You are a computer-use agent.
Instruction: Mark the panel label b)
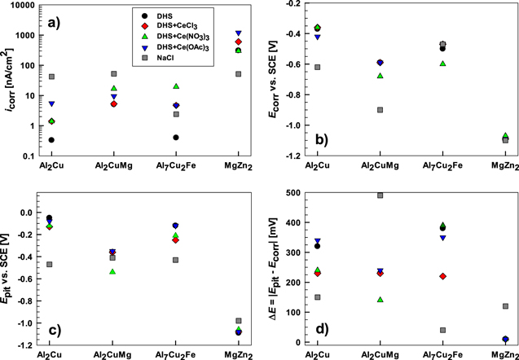tap(488, 142)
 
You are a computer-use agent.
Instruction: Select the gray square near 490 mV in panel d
tap(380, 195)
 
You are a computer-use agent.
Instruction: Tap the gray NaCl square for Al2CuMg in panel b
tap(380, 110)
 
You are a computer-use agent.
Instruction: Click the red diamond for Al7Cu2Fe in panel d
tap(442, 277)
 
